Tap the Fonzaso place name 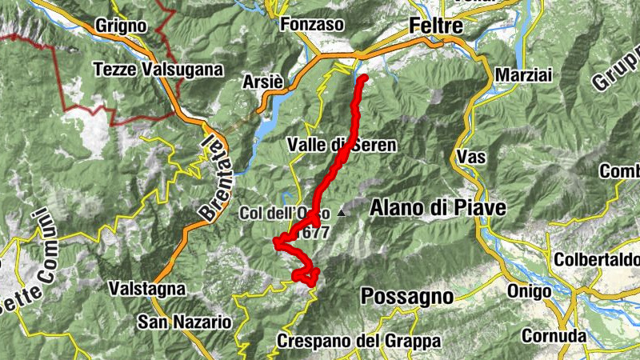tap(314, 25)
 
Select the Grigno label tap(119, 26)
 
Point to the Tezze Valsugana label tap(158, 70)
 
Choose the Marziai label tap(524, 74)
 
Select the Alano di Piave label tap(438, 208)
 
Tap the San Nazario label tap(184, 322)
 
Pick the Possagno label tap(406, 296)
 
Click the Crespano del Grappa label tap(358, 342)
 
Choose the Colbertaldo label tap(597, 260)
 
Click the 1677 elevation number tap(314, 233)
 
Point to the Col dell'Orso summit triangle tap(342, 213)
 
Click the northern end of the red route tap(362, 78)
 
